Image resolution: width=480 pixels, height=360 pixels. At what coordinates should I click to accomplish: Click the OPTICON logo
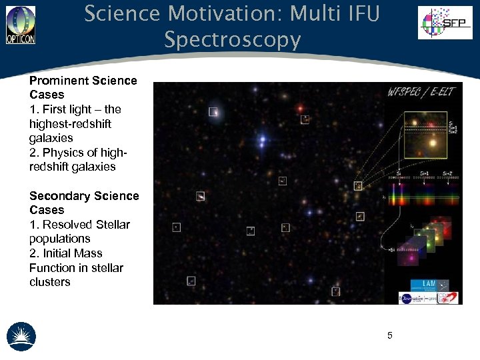click(21, 25)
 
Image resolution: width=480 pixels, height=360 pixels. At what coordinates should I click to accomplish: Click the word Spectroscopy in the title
click(233, 40)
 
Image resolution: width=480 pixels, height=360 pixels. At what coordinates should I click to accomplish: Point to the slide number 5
click(390, 335)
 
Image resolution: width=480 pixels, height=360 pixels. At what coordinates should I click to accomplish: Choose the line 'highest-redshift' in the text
click(70, 124)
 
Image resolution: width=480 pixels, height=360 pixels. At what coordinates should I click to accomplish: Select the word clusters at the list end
click(49, 282)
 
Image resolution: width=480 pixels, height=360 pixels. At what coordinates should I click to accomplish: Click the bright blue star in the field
click(263, 139)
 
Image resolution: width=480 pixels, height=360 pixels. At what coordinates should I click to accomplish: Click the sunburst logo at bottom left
click(21, 336)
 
